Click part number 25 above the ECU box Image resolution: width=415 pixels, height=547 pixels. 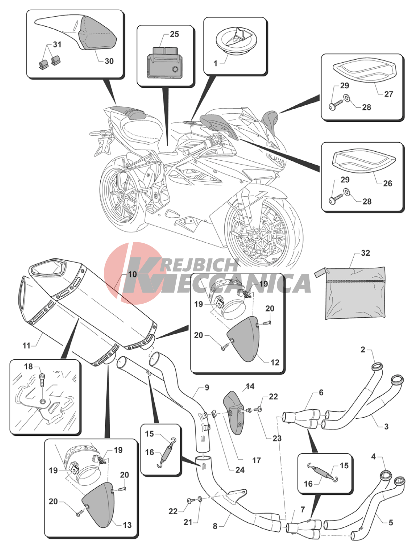(174, 34)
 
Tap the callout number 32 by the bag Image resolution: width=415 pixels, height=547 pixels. (365, 253)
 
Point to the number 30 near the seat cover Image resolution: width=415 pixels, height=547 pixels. (109, 61)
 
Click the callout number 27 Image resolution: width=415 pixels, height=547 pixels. (389, 94)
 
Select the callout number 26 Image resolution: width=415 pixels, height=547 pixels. (387, 183)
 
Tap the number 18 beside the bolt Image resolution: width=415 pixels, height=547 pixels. (28, 366)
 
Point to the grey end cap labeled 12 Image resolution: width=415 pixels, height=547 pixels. (244, 338)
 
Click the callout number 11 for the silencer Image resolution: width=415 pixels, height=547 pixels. (26, 345)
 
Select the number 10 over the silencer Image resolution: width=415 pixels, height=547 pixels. (132, 274)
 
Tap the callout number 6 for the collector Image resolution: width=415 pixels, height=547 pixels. (321, 393)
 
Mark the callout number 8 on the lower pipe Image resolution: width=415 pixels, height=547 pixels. (215, 526)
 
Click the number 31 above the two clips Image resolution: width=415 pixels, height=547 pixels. (57, 45)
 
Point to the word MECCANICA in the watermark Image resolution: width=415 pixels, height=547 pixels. (230, 283)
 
